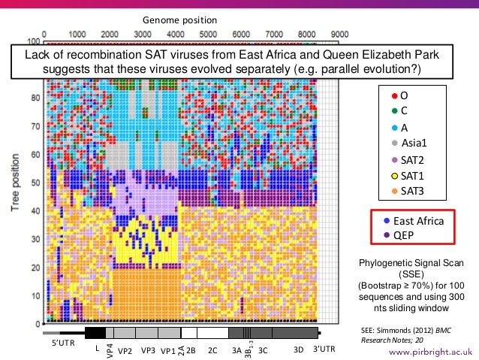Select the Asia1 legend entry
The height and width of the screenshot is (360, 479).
(412, 143)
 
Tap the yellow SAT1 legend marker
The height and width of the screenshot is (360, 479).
(393, 175)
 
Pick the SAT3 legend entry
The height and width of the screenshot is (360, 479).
(412, 191)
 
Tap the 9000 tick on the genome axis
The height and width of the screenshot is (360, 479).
(340, 33)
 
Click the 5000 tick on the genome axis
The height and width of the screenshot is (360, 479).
(208, 33)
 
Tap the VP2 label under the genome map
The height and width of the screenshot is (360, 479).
(125, 350)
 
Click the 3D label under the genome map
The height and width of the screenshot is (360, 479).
(297, 349)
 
